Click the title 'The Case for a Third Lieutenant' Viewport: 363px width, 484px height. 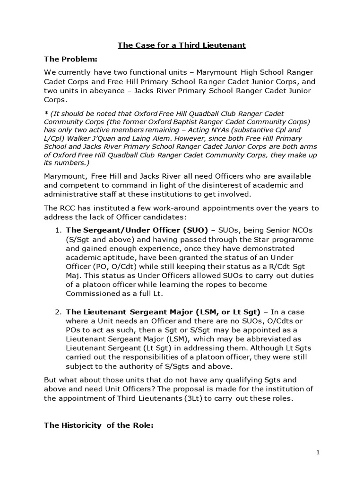181,45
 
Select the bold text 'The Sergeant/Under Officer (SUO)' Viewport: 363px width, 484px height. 137,230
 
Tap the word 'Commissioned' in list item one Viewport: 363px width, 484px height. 92,294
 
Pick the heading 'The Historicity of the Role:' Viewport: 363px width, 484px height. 99,425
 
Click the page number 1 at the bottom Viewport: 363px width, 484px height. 319,452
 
